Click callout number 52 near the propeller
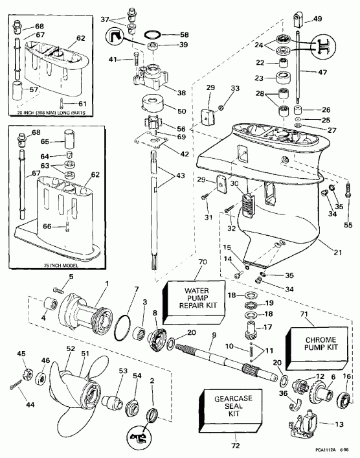coord(71,349)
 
